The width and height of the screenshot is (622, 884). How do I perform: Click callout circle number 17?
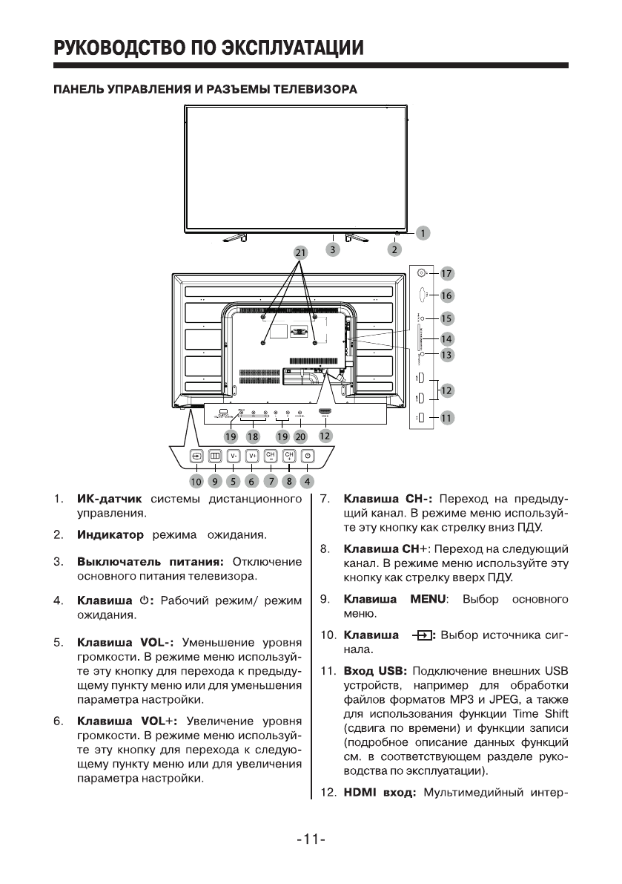(446, 272)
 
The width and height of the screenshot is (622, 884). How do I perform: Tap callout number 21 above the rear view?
(300, 252)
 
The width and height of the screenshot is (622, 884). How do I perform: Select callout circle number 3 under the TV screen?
(334, 250)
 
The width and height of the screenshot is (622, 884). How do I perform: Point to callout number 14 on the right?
(446, 338)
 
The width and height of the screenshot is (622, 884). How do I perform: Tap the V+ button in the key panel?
(252, 456)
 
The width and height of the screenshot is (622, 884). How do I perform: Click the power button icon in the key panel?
(308, 456)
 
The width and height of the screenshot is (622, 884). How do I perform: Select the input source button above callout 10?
(196, 456)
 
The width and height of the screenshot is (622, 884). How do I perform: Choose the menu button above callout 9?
(215, 456)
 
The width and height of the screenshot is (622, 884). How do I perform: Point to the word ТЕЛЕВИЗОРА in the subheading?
(316, 90)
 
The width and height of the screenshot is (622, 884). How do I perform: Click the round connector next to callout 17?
(422, 272)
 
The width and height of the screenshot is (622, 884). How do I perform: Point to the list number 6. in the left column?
(57, 720)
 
